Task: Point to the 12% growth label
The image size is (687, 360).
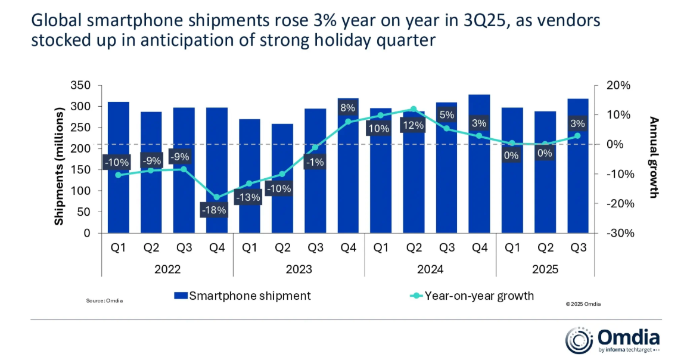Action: pos(414,126)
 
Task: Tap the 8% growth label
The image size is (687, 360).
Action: pos(348,108)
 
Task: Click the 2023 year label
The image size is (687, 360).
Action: pos(299,269)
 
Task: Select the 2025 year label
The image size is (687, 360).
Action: pos(545,269)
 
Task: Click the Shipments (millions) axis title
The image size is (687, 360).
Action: pos(59,166)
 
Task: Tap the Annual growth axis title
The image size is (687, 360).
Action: pos(654,157)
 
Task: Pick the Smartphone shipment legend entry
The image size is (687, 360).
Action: pos(243,296)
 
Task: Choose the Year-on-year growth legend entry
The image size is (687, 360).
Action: pos(473,296)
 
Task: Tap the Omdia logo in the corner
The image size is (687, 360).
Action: pos(613,340)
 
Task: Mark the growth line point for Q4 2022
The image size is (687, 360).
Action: pos(217,197)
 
